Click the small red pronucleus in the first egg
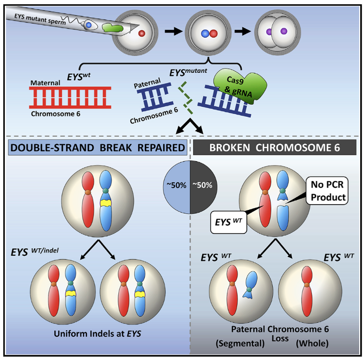[142, 33]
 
